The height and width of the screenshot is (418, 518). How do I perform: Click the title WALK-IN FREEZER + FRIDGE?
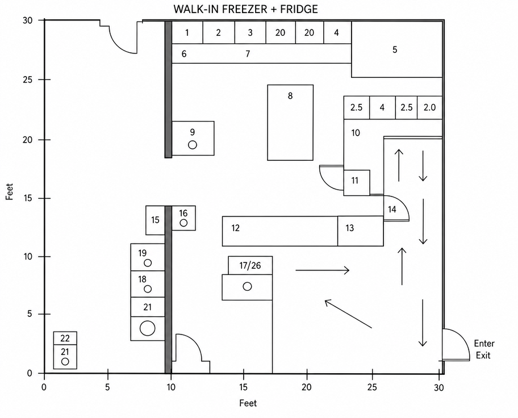point(246,9)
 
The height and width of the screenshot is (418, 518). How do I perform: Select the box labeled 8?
point(290,123)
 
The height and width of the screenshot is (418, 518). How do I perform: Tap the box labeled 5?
point(397,49)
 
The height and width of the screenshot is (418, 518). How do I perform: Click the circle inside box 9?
point(193,145)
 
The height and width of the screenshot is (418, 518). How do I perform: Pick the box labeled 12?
point(280,231)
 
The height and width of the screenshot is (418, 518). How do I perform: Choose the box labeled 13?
point(361,231)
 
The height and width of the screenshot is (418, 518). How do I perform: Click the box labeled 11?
point(357,183)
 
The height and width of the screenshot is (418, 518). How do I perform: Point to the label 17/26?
point(250,265)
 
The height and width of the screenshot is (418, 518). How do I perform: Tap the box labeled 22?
point(65,338)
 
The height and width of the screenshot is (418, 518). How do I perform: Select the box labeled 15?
point(155,220)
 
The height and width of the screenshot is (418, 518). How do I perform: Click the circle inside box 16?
point(183,223)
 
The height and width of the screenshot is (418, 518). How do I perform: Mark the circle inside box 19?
point(148,263)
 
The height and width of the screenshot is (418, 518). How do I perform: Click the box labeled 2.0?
point(430,107)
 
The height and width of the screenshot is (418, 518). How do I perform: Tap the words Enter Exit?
point(484,349)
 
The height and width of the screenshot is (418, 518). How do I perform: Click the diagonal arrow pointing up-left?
point(348,314)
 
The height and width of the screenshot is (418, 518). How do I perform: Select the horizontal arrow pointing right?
point(323,270)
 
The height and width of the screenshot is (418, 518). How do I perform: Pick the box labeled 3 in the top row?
point(250,32)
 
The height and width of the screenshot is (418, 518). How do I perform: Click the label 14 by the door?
point(392,209)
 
